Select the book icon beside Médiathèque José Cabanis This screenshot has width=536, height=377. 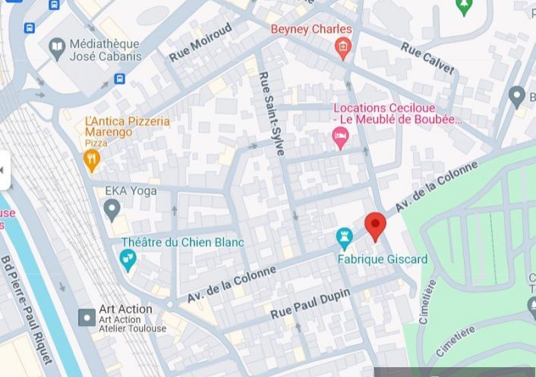[57, 49]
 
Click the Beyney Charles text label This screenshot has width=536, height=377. [311, 30]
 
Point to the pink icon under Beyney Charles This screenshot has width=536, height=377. [342, 49]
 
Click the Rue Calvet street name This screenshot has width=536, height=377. [427, 58]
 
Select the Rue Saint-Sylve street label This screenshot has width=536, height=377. [271, 114]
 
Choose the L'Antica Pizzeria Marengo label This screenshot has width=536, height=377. [127, 127]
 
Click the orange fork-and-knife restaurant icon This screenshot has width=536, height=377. [92, 159]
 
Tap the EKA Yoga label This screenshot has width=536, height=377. [131, 190]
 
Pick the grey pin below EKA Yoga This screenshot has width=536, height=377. [112, 207]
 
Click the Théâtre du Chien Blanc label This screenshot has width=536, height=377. [182, 242]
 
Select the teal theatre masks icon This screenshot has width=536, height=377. [128, 260]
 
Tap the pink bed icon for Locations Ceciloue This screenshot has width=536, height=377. [340, 138]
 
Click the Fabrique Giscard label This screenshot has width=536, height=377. [383, 259]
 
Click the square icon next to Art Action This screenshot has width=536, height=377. [87, 315]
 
